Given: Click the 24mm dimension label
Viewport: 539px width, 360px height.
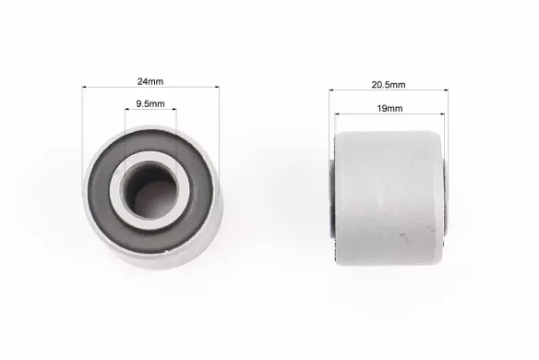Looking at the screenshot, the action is [150, 81].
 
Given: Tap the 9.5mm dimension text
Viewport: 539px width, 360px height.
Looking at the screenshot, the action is [150, 103].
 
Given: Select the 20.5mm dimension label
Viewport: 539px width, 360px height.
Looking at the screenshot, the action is [389, 85].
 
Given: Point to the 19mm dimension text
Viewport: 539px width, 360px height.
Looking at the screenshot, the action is [389, 109].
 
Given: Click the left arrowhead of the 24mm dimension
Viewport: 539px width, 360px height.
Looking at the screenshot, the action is [85, 88].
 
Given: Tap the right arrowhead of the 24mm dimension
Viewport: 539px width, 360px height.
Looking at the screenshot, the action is [217, 88].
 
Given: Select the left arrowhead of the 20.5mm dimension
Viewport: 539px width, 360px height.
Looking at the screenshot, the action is [331, 90].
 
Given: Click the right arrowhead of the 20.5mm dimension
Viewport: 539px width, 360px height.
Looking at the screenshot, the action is [446, 90].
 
